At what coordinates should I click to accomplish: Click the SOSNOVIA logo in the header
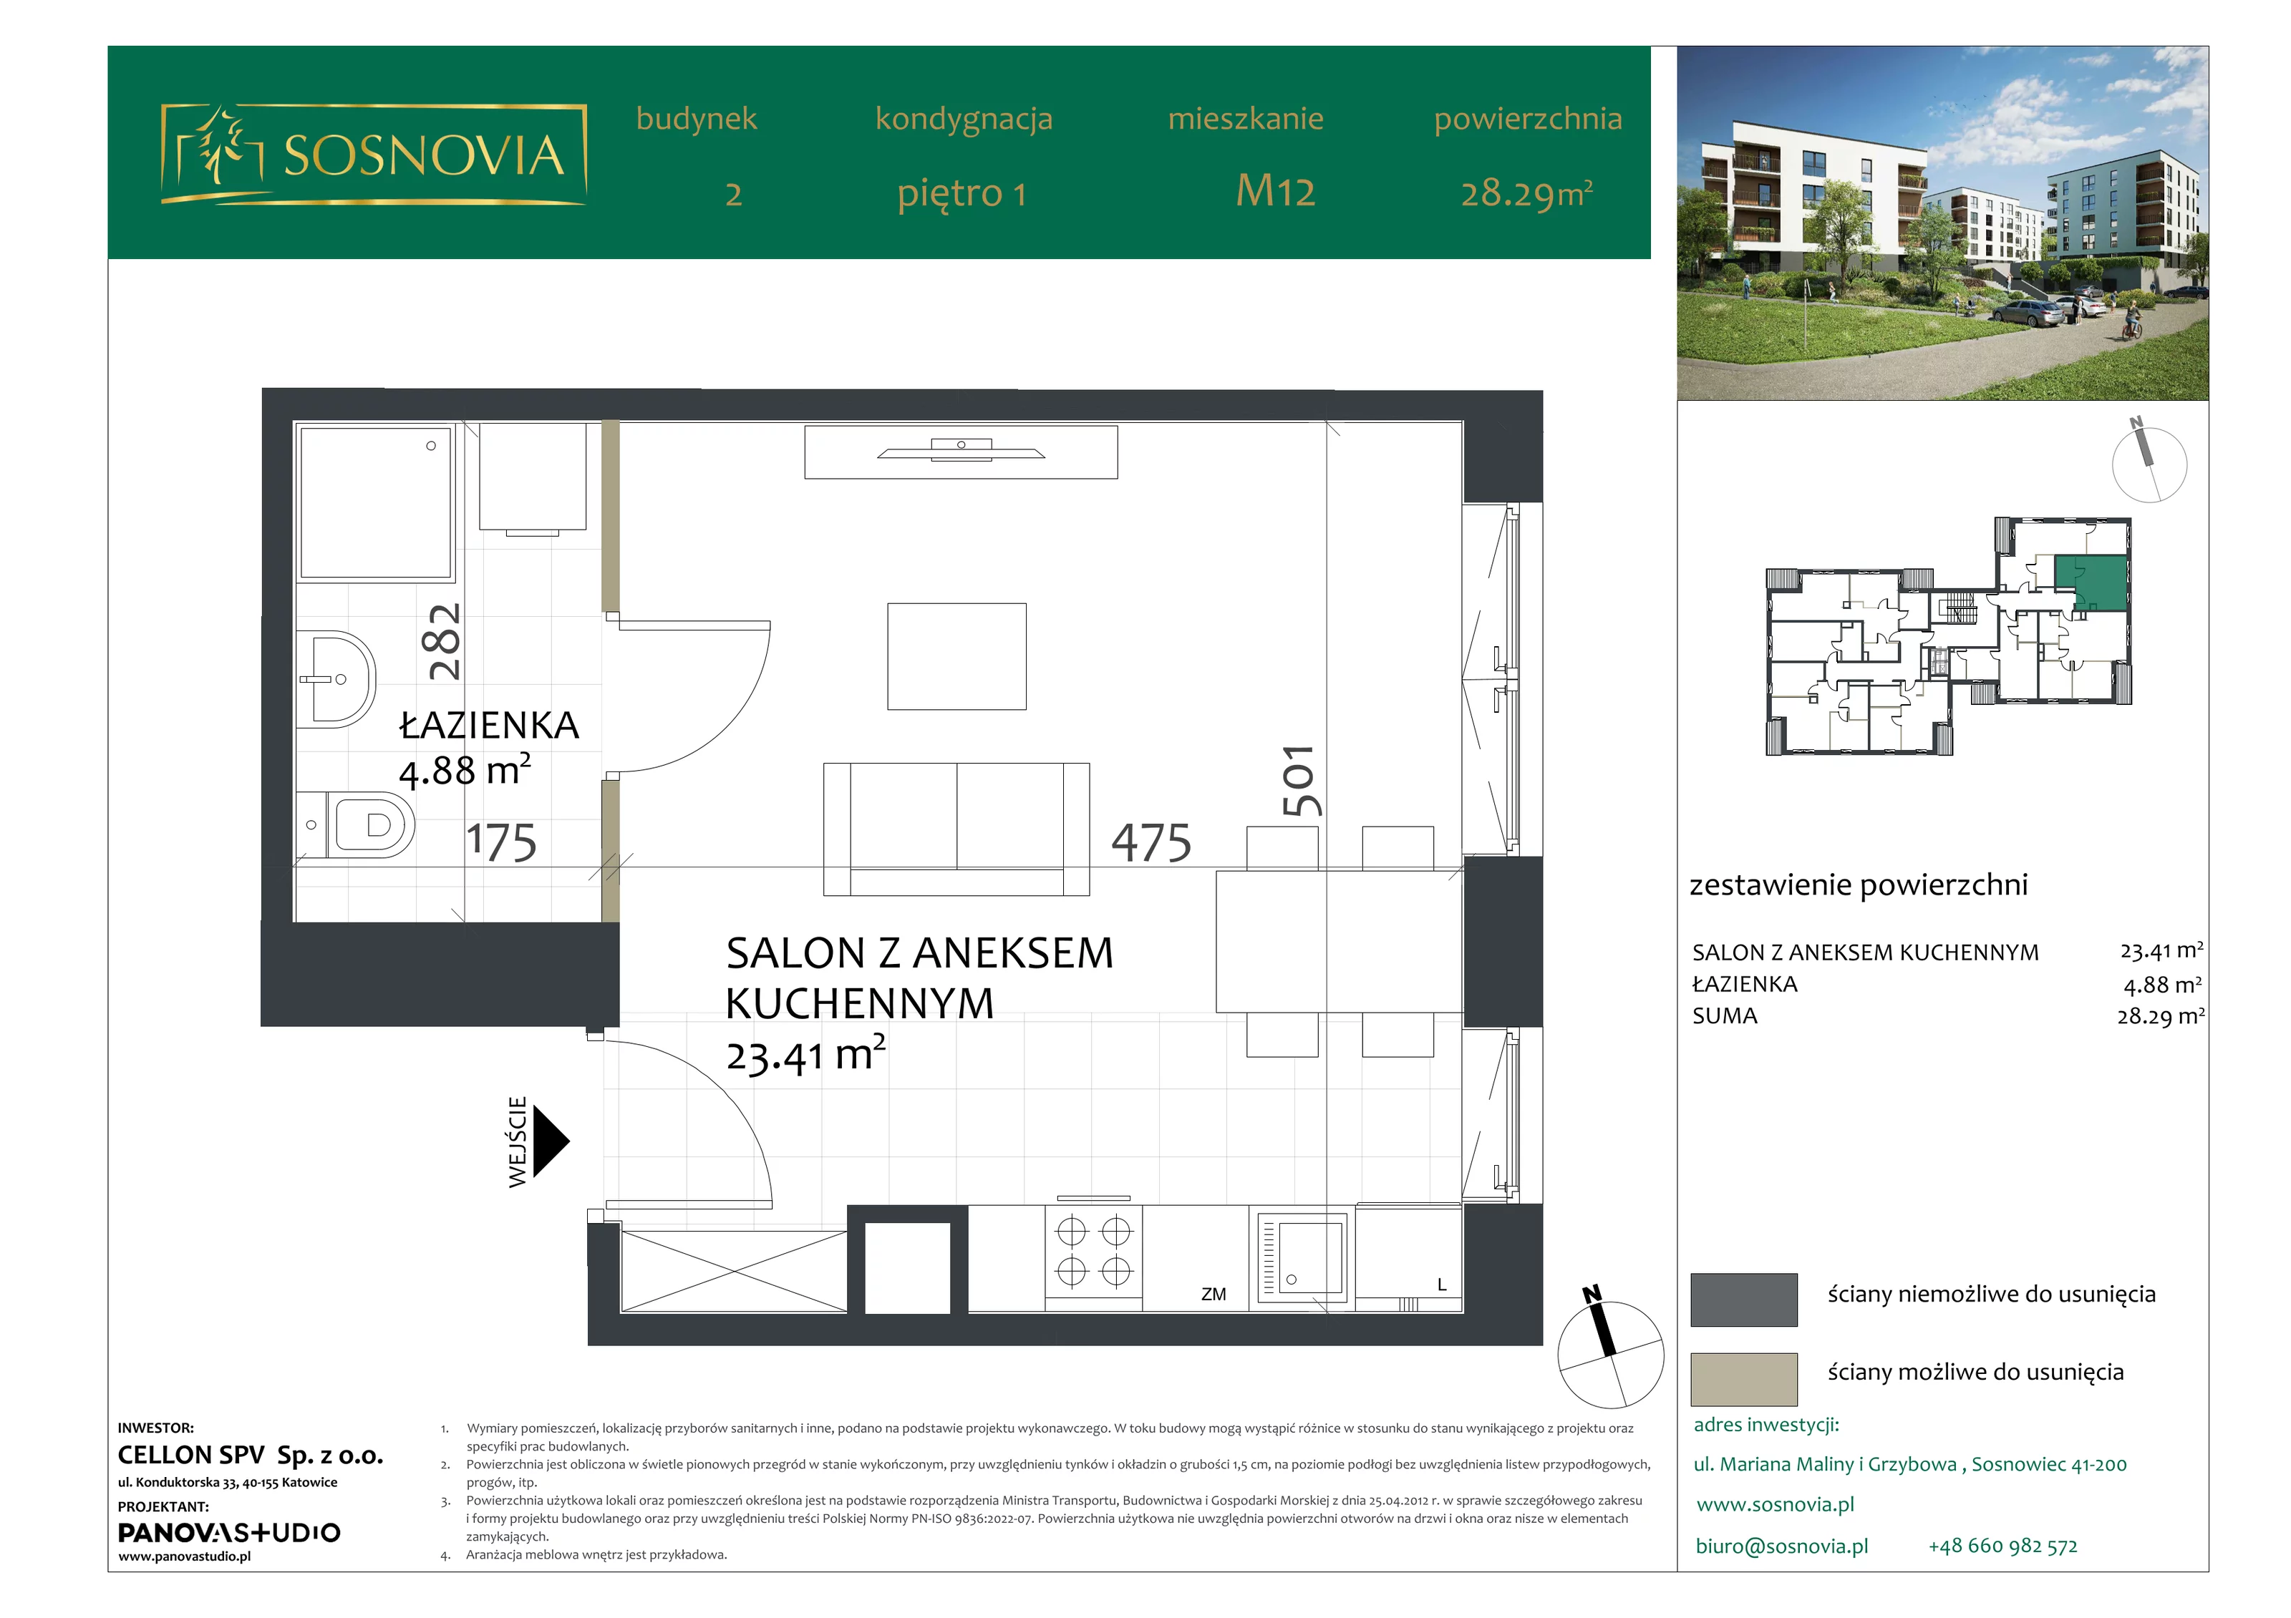point(373,154)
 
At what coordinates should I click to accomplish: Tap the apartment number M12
point(1275,190)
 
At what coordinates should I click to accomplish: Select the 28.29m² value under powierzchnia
point(1526,192)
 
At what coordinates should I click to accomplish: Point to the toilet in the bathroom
point(357,825)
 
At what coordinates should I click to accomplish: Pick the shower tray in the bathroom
point(375,503)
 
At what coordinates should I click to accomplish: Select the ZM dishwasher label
point(1214,1294)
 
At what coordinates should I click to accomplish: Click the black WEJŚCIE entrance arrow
point(551,1141)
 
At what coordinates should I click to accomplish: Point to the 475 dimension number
point(1151,843)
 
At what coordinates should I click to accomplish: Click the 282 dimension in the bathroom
point(444,641)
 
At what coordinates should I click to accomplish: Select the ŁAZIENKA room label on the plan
point(489,725)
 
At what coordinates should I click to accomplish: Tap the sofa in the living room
point(956,829)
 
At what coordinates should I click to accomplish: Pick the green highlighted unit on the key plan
point(2091,583)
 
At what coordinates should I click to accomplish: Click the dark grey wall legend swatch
point(1743,1299)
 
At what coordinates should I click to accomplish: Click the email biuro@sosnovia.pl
point(1782,1546)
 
